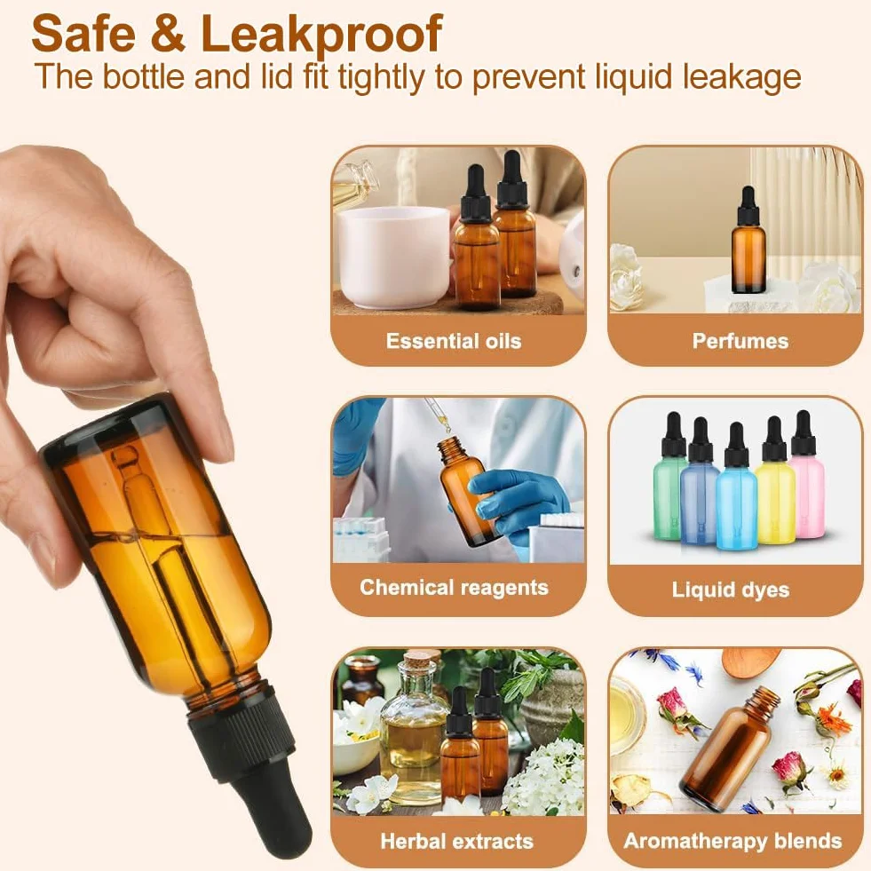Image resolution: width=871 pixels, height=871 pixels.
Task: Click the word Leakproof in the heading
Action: tap(321, 36)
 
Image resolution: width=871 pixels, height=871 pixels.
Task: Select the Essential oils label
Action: tap(454, 341)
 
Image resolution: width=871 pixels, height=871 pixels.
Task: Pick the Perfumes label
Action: tap(740, 341)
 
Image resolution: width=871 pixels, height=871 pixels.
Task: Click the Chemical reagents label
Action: tap(454, 588)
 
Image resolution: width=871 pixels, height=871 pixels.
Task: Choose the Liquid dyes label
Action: tap(731, 590)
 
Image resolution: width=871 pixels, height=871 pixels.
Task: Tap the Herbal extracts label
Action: tap(456, 841)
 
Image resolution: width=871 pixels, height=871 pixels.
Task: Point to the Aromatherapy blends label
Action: tap(732, 841)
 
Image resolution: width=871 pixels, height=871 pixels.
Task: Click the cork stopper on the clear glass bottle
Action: tap(413, 661)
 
